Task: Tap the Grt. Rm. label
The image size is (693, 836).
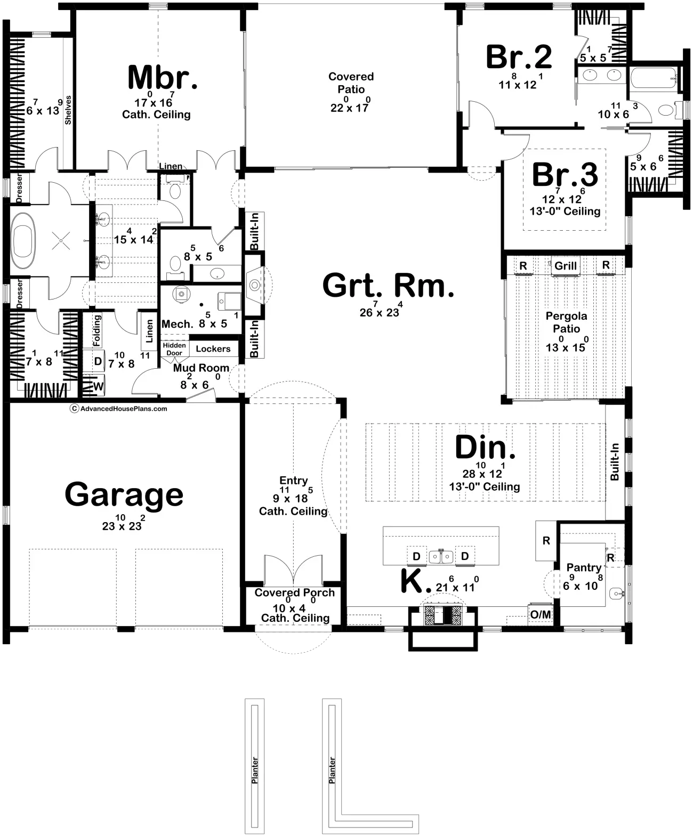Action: tap(388, 286)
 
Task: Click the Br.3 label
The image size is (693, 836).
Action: tap(565, 174)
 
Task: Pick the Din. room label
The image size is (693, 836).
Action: tap(485, 447)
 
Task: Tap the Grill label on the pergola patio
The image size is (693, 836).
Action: tap(565, 265)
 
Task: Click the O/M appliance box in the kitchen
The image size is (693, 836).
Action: tap(541, 614)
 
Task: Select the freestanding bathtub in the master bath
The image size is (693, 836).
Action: tap(24, 240)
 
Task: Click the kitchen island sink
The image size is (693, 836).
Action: tap(441, 556)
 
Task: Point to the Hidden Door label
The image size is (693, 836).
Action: tap(174, 349)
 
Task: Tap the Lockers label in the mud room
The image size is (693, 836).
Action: tap(213, 349)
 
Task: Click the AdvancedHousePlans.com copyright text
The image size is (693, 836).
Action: tap(119, 409)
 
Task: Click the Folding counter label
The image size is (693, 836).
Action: tap(97, 331)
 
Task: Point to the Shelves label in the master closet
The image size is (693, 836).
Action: tap(68, 110)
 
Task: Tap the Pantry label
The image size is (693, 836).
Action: tap(584, 567)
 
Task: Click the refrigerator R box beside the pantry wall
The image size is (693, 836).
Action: tap(546, 540)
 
